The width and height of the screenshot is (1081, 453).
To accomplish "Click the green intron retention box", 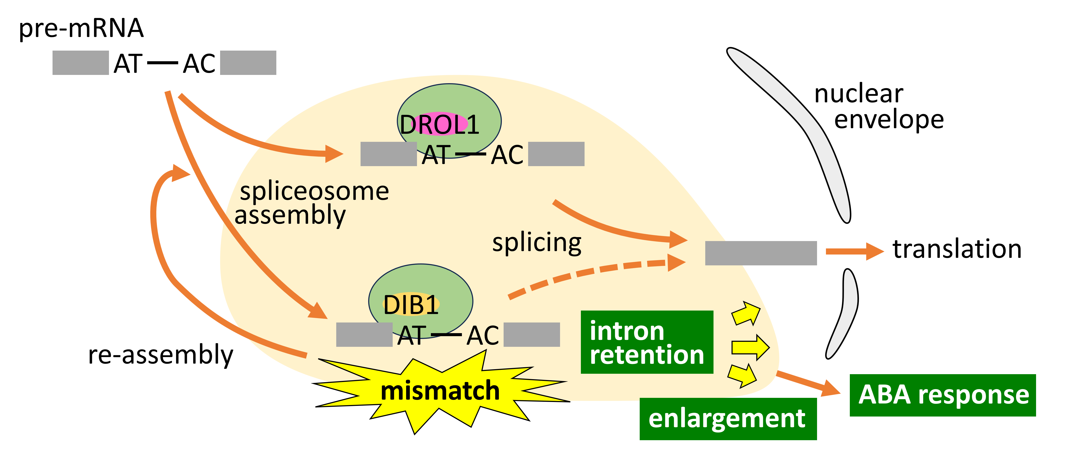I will click(647, 342).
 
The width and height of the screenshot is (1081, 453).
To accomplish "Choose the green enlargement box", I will click(728, 418).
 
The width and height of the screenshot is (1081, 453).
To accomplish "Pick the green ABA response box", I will click(943, 395).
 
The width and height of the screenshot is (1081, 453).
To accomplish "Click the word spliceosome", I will click(314, 192).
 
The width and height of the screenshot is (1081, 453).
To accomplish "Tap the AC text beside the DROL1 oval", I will click(507, 155).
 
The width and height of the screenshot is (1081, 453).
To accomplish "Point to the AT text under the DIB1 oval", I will click(412, 336).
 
